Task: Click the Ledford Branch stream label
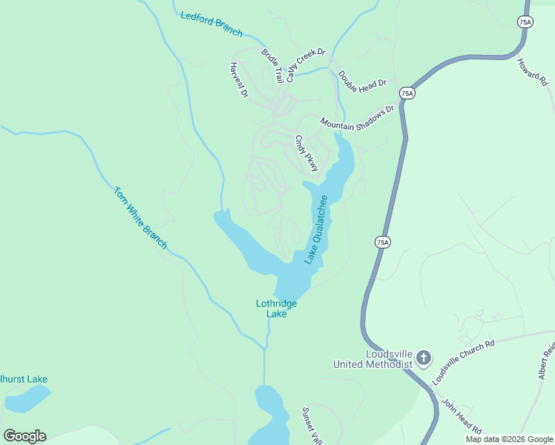tap(211, 24)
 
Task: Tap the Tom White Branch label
tap(140, 217)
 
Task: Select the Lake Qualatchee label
tap(316, 229)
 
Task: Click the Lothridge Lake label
tap(276, 309)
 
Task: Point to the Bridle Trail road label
tap(272, 65)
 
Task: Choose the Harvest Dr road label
tap(237, 80)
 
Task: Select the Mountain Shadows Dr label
tap(357, 116)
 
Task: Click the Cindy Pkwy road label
tap(306, 153)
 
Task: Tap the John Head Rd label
tap(462, 418)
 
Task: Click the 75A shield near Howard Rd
tap(525, 22)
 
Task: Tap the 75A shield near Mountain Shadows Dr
tap(406, 93)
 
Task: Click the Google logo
tap(24, 436)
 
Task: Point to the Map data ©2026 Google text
tap(509, 439)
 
